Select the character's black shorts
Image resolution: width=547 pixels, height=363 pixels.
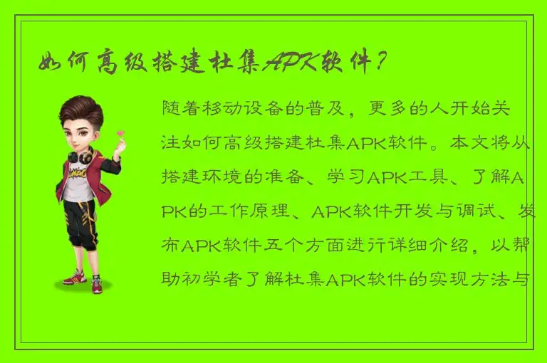(80, 221)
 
